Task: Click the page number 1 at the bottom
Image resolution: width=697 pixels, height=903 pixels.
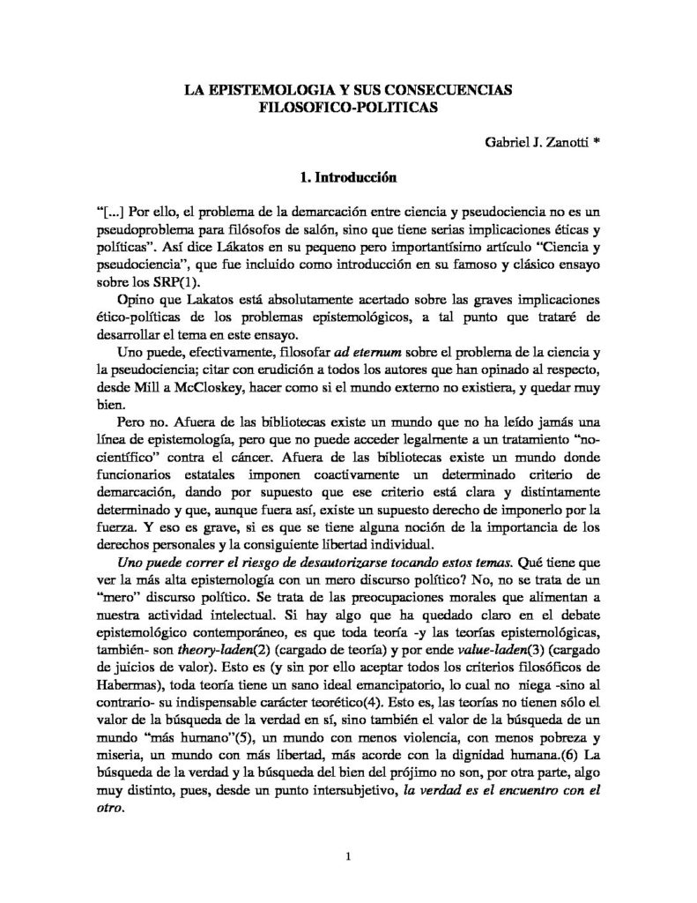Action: pyautogui.click(x=350, y=855)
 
